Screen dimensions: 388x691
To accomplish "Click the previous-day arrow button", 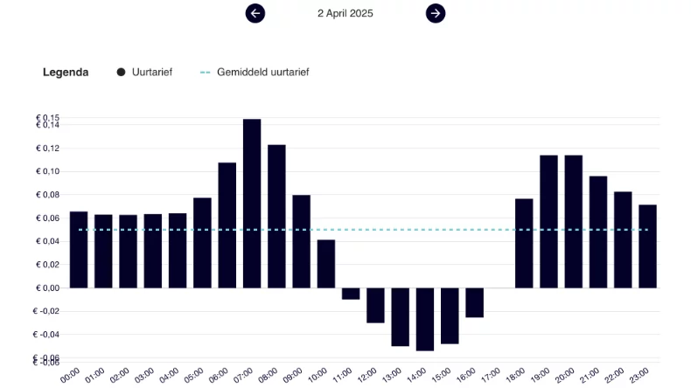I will (255, 13).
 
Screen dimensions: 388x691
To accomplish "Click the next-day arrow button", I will (436, 13).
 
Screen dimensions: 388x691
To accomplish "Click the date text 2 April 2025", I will (345, 13).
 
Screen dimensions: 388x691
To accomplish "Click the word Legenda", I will (66, 73).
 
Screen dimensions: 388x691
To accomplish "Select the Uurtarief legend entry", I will (145, 73).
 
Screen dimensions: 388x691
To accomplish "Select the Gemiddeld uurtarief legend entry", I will (255, 73).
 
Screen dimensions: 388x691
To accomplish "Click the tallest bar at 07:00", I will (252, 203).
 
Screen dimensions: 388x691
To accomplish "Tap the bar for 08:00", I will (276, 216).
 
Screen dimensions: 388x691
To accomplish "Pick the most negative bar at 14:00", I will (425, 319).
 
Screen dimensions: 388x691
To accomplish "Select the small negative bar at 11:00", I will (351, 294).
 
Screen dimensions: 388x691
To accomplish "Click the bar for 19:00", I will (548, 221).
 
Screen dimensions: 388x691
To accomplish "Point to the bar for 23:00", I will (647, 246).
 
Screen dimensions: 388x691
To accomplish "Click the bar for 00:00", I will (79, 250).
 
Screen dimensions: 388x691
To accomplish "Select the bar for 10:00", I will (326, 264).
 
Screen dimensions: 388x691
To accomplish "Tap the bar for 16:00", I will (474, 302).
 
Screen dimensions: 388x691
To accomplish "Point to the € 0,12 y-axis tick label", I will (48, 149).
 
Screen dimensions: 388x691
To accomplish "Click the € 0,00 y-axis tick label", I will (48, 288).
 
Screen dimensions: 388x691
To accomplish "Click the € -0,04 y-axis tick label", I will (47, 335).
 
